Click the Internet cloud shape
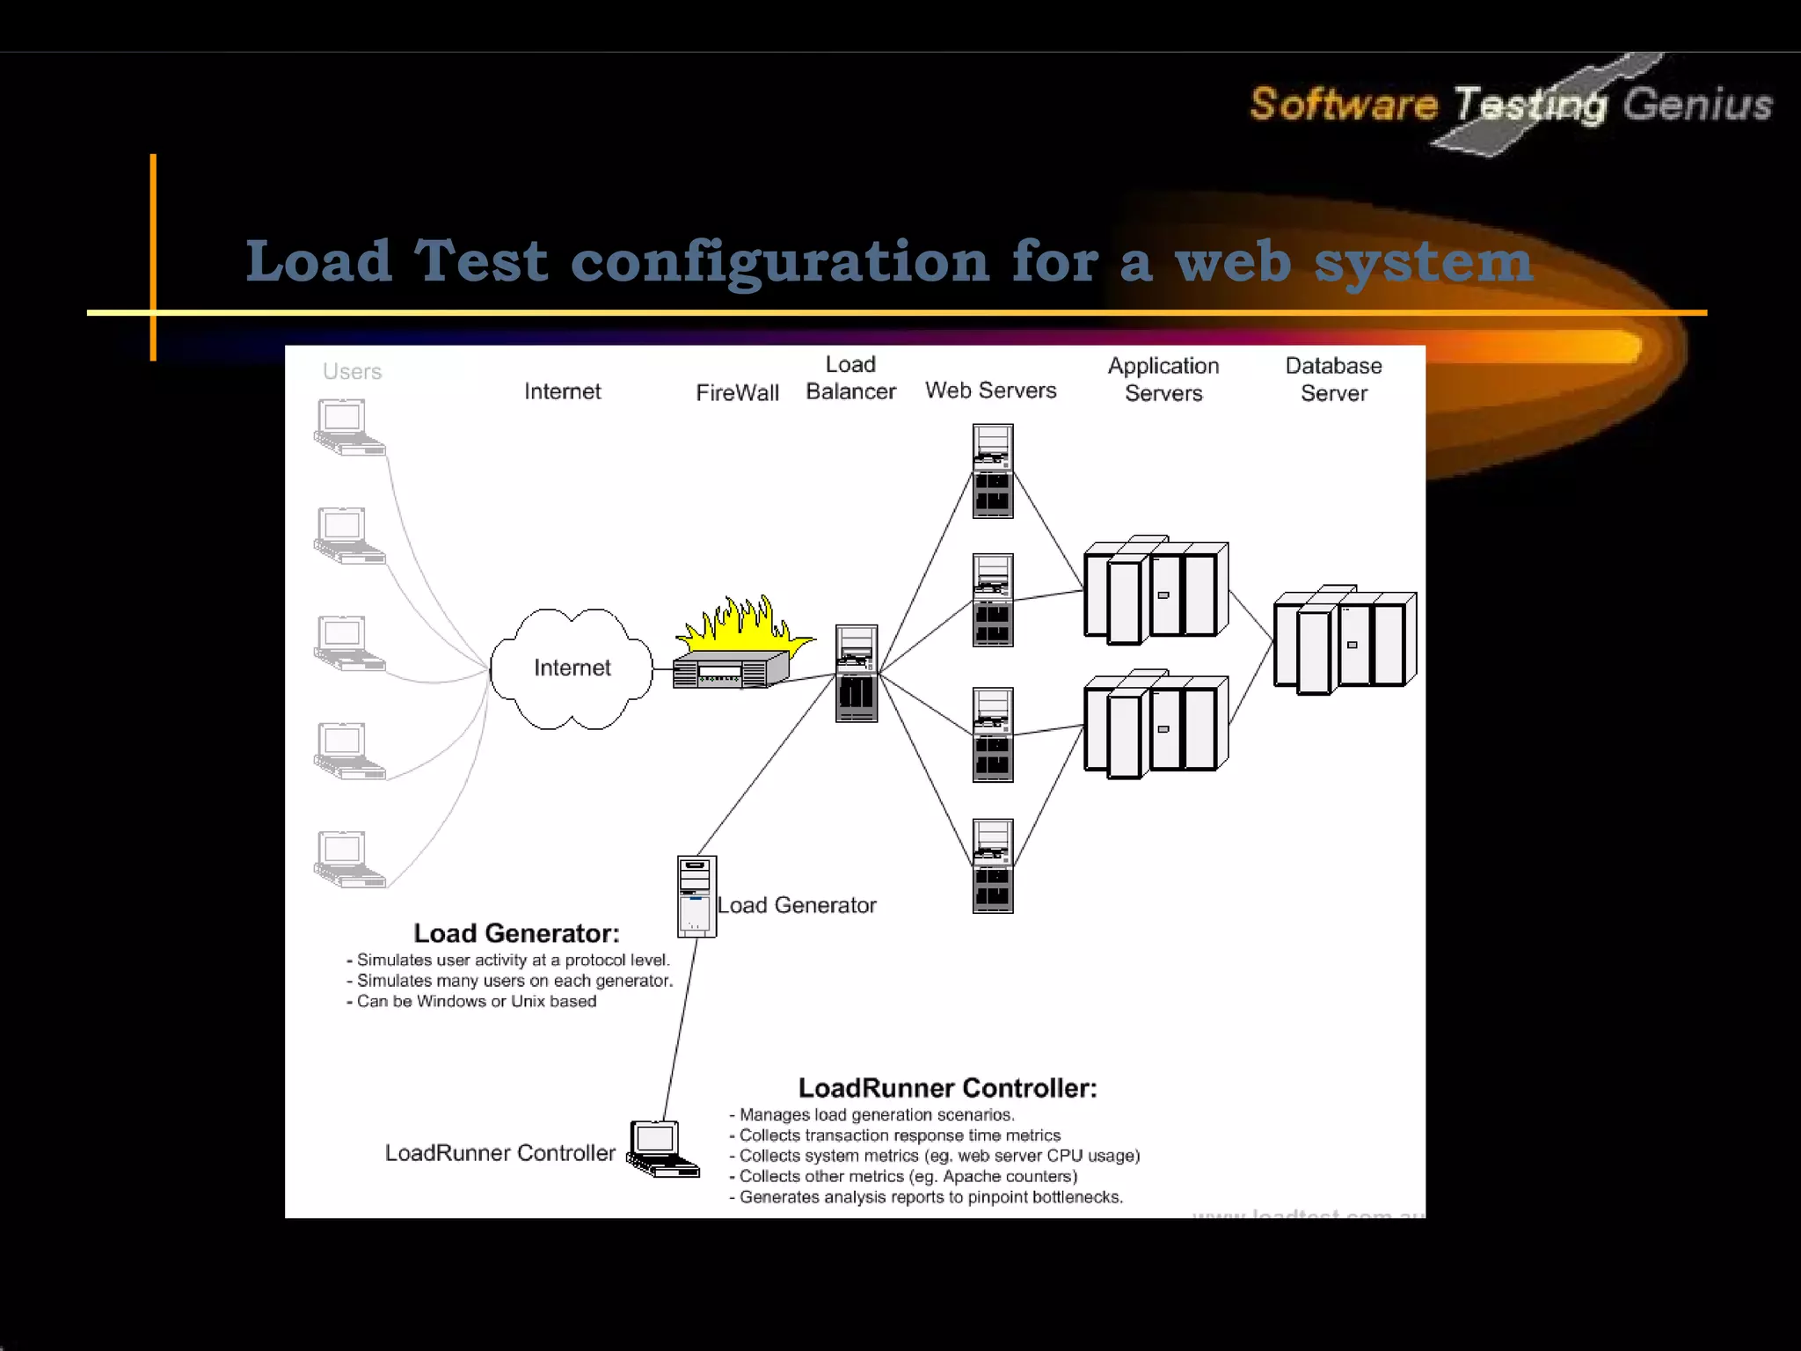[572, 668]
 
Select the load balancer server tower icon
[856, 673]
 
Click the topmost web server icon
[993, 471]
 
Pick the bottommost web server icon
[993, 866]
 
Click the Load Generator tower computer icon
[696, 896]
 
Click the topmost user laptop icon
[349, 427]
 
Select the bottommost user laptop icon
[349, 858]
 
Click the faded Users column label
[352, 372]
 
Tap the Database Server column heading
[1333, 379]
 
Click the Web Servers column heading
[990, 391]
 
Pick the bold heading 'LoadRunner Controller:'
[947, 1088]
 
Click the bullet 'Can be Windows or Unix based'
[476, 1001]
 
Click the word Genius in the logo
[1696, 105]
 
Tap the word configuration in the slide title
[780, 261]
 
